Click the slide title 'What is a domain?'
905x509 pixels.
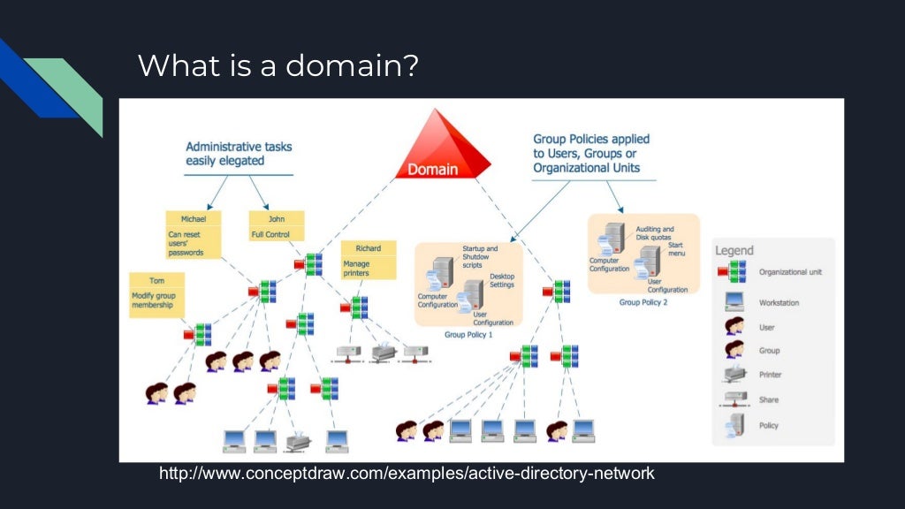[x=278, y=65]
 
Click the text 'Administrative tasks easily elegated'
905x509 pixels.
[x=238, y=154]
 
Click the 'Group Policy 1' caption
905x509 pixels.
[x=468, y=335]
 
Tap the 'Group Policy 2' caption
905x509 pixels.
[x=643, y=302]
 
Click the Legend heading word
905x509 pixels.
[x=734, y=251]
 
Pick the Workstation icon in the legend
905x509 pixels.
[x=734, y=301]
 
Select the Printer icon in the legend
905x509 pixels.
[x=734, y=374]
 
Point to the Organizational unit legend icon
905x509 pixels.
[x=734, y=272]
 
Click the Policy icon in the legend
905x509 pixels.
[x=734, y=425]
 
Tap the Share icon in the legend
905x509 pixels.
[x=734, y=399]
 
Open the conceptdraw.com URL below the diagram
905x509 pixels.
[x=407, y=474]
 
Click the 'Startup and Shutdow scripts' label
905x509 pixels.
[x=480, y=257]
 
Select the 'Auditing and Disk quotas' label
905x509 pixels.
[x=655, y=233]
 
